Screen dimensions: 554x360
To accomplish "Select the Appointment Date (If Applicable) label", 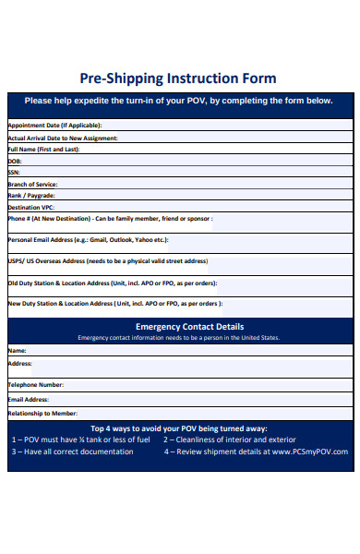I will pyautogui.click(x=54, y=125).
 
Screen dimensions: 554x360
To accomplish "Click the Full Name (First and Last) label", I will pyautogui.click(x=43, y=149).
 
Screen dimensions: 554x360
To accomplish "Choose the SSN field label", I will pyautogui.click(x=14, y=172).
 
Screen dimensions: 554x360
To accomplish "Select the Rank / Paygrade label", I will pyautogui.click(x=31, y=196).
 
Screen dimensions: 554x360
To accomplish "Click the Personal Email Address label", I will pyautogui.click(x=88, y=239).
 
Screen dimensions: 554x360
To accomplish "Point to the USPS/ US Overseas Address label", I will pyautogui.click(x=107, y=260).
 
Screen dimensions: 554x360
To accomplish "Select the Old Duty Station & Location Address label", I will pyautogui.click(x=113, y=283).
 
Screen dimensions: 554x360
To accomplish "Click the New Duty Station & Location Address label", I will pyautogui.click(x=114, y=303).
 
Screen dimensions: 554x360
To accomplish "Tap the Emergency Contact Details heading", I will pyautogui.click(x=189, y=326).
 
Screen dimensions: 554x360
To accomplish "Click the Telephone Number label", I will pyautogui.click(x=35, y=384).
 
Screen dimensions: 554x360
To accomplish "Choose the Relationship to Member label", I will pyautogui.click(x=42, y=414).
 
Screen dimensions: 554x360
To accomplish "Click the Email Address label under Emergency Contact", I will pyautogui.click(x=28, y=400).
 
